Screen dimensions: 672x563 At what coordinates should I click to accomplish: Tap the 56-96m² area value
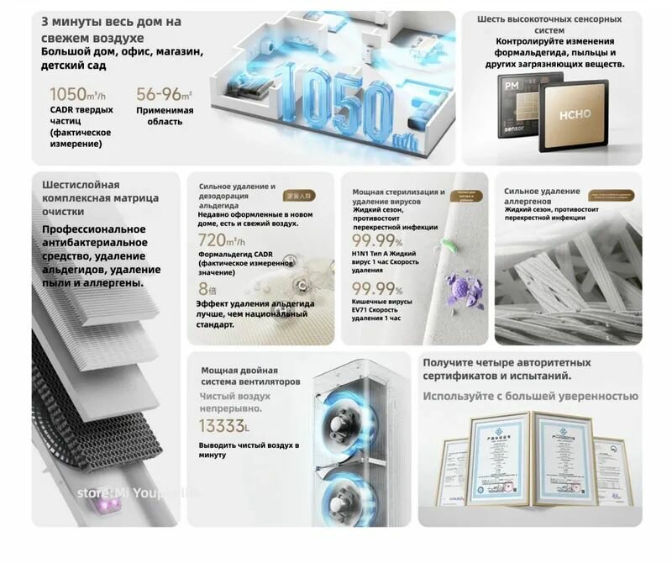coord(164,94)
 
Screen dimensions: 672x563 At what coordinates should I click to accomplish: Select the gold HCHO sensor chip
coord(571,113)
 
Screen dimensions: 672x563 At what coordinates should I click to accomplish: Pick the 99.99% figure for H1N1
coord(378,242)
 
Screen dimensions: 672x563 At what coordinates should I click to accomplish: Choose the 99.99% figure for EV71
coord(378,290)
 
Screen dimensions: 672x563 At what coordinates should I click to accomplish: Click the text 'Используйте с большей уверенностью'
coord(530,396)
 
